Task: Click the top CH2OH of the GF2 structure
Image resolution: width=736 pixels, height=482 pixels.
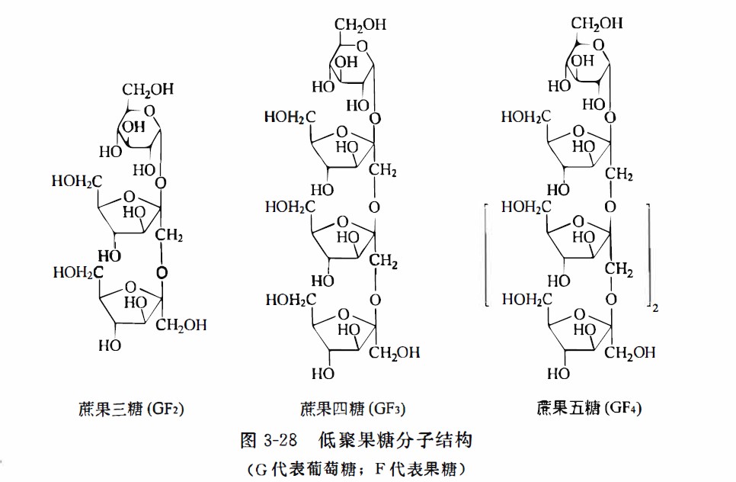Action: (149, 89)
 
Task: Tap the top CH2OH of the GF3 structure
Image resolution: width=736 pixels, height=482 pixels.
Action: (361, 24)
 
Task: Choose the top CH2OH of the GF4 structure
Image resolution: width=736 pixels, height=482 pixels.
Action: (598, 24)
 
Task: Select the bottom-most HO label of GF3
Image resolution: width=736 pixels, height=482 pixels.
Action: (323, 374)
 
